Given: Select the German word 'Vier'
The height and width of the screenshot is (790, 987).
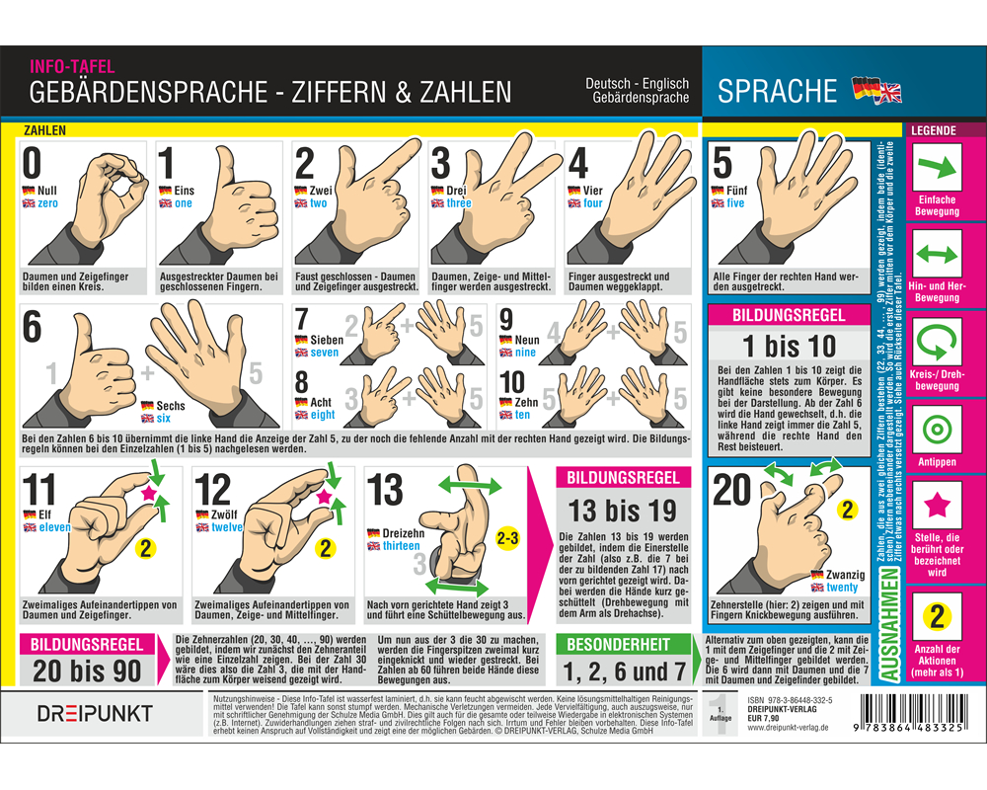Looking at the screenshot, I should click(x=592, y=191).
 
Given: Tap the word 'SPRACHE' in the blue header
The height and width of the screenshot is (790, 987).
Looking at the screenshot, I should click(x=777, y=92).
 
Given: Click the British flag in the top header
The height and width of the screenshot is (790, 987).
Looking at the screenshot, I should click(x=889, y=92).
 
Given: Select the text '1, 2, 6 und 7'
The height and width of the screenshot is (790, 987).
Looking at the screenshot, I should click(x=623, y=673).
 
